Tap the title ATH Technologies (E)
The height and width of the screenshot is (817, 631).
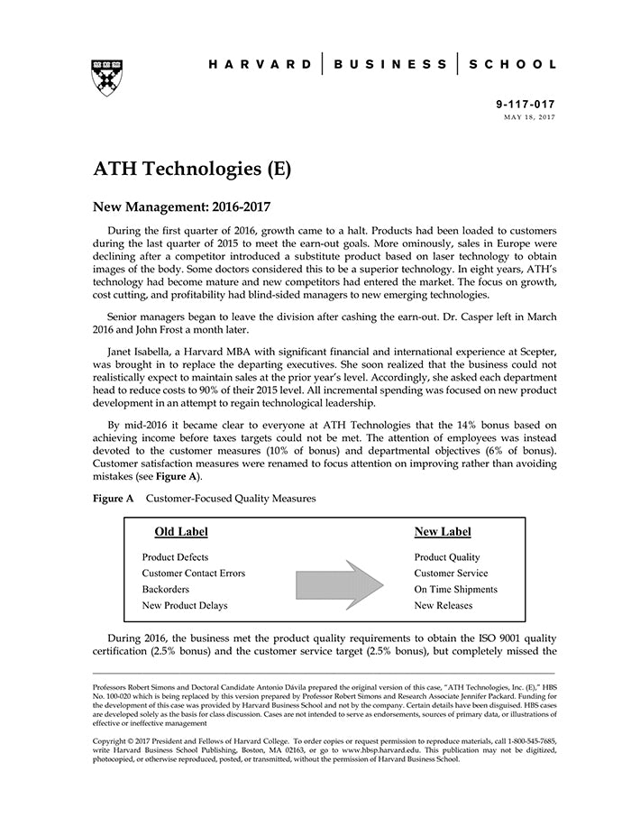click(x=191, y=169)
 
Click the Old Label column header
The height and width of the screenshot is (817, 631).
click(x=180, y=532)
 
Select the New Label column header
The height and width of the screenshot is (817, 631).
click(x=442, y=532)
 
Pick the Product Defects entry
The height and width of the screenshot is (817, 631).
click(x=175, y=557)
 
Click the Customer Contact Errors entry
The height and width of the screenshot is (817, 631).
click(x=193, y=574)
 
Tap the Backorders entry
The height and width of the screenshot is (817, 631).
click(x=165, y=590)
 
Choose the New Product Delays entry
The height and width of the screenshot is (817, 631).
click(x=185, y=606)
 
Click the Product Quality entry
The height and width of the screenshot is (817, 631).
click(x=447, y=557)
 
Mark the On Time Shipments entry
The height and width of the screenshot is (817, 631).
click(x=455, y=590)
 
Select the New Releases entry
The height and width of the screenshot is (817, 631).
click(x=443, y=606)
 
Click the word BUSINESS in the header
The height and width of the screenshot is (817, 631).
click(x=390, y=65)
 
